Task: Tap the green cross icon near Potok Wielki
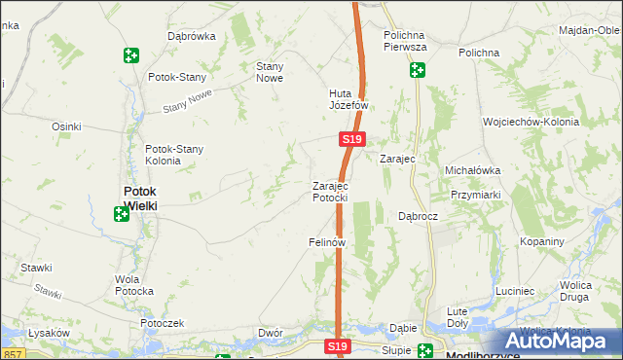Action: tap(121, 214)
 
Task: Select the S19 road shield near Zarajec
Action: tap(352, 140)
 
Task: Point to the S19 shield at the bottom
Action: tap(337, 346)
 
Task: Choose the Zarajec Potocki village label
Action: tap(330, 192)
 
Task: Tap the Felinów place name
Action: tap(328, 241)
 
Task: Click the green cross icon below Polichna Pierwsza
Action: tap(418, 70)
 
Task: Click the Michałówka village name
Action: tap(472, 170)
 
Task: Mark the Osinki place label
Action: tap(66, 126)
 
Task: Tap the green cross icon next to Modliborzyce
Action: tap(425, 352)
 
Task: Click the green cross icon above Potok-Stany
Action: tap(130, 55)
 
